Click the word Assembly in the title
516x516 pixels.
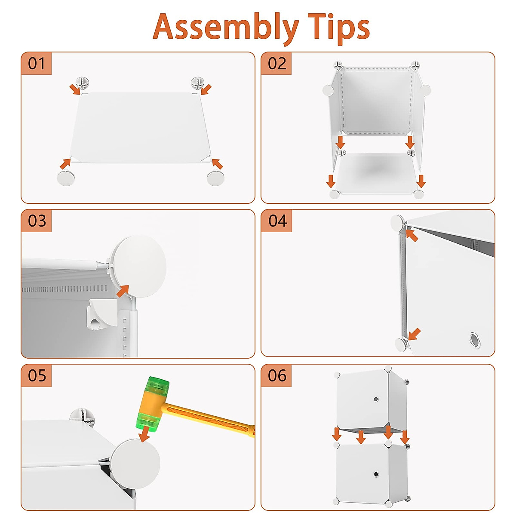226,28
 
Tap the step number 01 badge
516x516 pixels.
37,64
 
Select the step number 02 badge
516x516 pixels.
276,64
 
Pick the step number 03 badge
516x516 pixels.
37,221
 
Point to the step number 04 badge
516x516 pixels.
277,221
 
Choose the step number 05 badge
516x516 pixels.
37,375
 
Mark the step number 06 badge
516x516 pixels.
276,375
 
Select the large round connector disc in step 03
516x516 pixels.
139,266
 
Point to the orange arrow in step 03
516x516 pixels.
123,291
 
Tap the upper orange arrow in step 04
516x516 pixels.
412,235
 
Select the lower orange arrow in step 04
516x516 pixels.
414,335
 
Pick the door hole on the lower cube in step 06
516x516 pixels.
376,474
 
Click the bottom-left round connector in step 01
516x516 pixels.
66,178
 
